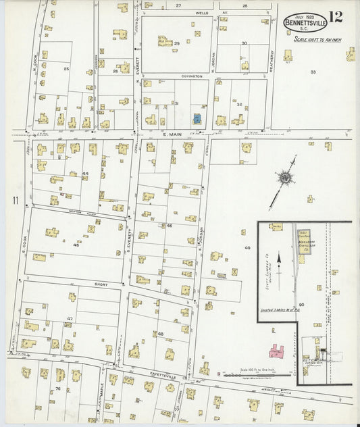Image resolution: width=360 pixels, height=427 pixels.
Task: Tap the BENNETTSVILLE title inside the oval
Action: click(307, 23)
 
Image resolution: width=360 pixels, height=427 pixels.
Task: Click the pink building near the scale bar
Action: click(278, 351)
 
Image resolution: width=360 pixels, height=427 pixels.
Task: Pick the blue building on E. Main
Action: click(197, 118)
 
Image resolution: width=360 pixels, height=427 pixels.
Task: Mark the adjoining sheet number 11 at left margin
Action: click(14, 201)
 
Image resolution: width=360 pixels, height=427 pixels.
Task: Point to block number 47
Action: click(70, 318)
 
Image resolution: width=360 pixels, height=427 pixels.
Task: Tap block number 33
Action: click(313, 71)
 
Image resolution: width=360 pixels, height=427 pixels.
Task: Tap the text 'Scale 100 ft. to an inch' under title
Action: click(317, 40)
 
